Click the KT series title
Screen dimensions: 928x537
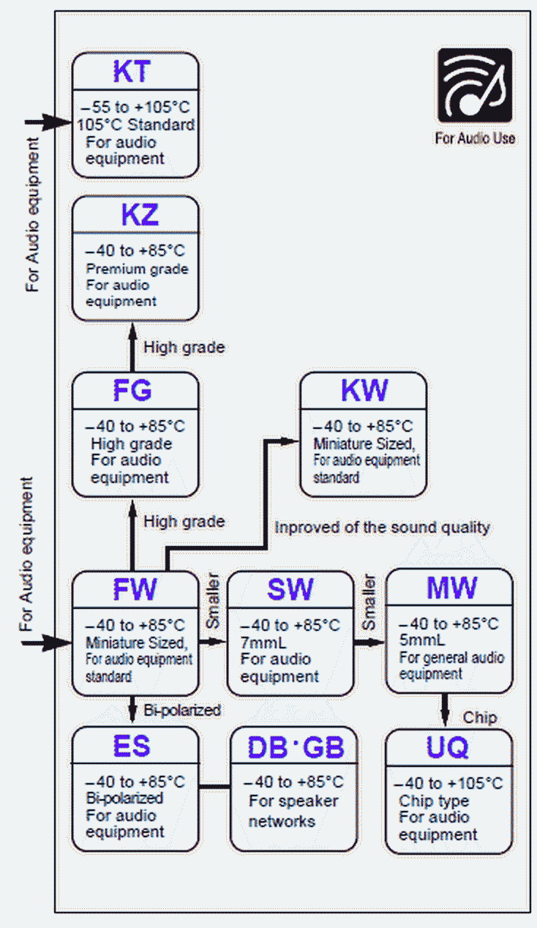click(x=132, y=71)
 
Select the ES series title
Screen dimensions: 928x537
click(x=132, y=746)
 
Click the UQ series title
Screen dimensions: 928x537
click(x=448, y=747)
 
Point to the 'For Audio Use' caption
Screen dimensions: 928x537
click(x=475, y=138)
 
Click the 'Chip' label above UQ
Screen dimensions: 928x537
click(x=479, y=718)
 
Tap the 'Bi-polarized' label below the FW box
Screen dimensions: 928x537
click(x=182, y=710)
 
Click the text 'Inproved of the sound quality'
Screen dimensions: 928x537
click(x=381, y=527)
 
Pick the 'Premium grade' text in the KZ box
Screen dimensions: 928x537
click(x=137, y=269)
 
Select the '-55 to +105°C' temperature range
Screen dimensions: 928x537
click(x=135, y=106)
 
